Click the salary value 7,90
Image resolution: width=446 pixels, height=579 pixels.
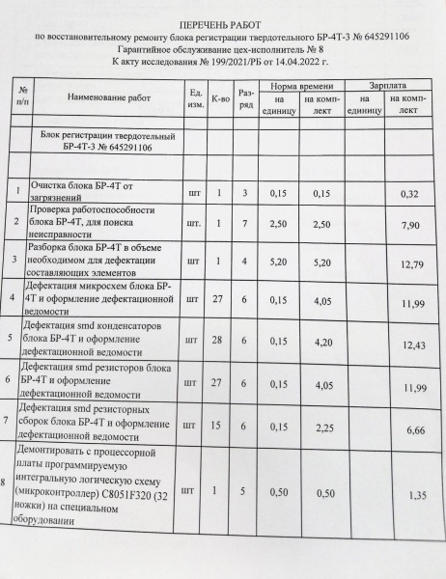405,225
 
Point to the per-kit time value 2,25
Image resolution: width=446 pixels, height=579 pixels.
322,425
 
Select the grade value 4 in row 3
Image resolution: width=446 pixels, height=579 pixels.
246,262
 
